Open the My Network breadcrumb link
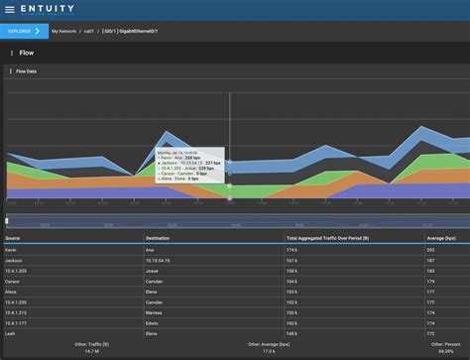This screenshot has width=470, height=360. coord(64,31)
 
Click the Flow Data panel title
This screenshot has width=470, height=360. coord(27,71)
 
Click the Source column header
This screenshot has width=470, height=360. coord(13,239)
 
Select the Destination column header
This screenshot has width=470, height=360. coord(157,239)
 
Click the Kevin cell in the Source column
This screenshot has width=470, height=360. coord(11,250)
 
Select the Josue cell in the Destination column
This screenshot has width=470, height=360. coord(152,271)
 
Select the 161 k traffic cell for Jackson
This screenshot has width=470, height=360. coord(293,260)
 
